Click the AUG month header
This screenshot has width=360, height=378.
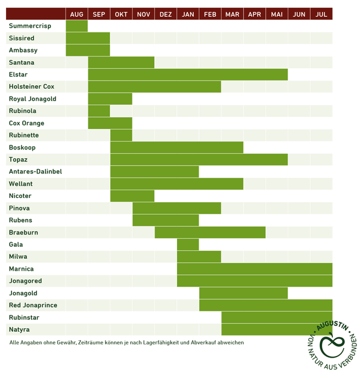[x=77, y=14]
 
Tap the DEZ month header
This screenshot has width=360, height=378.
[x=166, y=14]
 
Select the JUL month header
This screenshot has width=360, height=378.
[x=322, y=14]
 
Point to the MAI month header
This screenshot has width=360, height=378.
[x=277, y=14]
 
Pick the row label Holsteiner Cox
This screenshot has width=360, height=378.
[x=32, y=87]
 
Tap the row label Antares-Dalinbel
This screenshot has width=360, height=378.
[x=35, y=172]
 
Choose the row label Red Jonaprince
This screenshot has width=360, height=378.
[x=33, y=305]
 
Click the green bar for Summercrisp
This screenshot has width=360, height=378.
[x=77, y=26]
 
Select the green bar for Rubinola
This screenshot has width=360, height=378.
[x=99, y=111]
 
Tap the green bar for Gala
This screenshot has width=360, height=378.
[x=188, y=245]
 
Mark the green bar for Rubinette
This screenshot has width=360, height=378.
[x=121, y=135]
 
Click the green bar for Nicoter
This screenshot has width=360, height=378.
[x=132, y=196]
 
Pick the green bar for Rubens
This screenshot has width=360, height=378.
[x=166, y=220]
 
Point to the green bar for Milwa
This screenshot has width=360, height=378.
[x=199, y=257]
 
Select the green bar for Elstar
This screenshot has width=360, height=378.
[x=188, y=74]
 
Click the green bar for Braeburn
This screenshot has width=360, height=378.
[x=210, y=232]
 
